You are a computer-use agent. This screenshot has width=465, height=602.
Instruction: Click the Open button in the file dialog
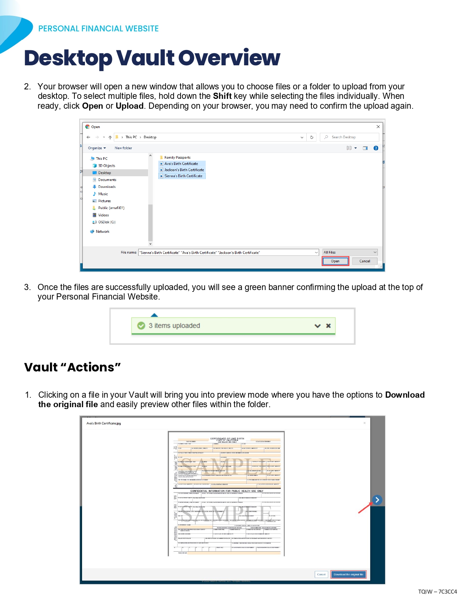point(335,261)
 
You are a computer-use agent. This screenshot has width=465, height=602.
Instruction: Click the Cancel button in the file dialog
point(364,261)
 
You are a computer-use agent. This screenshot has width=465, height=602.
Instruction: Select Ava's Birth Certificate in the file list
point(181,164)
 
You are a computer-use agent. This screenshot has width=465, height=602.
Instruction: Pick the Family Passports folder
point(177,158)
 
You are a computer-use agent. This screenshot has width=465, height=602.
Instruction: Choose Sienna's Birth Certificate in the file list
point(183,176)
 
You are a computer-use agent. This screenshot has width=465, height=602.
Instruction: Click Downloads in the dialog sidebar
point(106,187)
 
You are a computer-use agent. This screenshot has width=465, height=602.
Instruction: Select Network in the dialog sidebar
point(102,232)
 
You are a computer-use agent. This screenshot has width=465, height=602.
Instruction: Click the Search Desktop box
point(350,137)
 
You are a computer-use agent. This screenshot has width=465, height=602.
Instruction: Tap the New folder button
point(123,148)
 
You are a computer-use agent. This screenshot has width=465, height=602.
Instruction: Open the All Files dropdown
point(350,252)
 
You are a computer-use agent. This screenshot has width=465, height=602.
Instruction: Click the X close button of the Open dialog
point(378,127)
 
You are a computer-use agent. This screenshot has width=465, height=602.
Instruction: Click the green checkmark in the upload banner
point(141,326)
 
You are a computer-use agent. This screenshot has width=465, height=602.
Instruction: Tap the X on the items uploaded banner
point(328,326)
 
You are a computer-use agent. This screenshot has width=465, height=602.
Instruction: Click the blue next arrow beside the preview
point(377,500)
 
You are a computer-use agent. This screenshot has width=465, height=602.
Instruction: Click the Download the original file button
point(348,575)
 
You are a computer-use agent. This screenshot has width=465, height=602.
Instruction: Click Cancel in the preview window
point(321,575)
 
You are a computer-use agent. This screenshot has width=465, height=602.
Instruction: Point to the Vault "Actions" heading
point(72,367)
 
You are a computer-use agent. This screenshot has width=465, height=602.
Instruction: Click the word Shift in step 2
point(222,96)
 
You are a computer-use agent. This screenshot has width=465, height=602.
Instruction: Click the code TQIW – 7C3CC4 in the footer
point(437,592)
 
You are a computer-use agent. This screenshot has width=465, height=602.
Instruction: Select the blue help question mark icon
point(376,148)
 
